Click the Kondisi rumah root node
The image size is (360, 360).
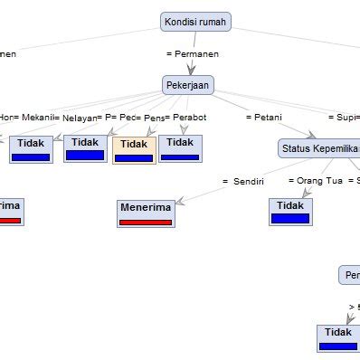pos(196,21)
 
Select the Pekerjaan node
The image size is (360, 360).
pos(187,85)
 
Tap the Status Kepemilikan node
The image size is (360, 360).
pos(319,148)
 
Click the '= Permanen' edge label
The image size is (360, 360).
pos(193,53)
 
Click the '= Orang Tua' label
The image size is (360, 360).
pos(316,180)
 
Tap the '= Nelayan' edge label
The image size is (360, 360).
pos(79,117)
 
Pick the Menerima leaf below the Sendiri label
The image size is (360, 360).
pos(146,213)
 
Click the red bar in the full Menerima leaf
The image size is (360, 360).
pos(146,222)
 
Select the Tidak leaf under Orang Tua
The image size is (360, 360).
pos(289,211)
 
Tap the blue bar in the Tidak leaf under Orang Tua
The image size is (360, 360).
pos(289,219)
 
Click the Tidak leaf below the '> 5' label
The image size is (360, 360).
pos(338,337)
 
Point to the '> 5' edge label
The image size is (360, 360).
pos(354,307)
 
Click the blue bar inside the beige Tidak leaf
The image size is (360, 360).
pos(134,158)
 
